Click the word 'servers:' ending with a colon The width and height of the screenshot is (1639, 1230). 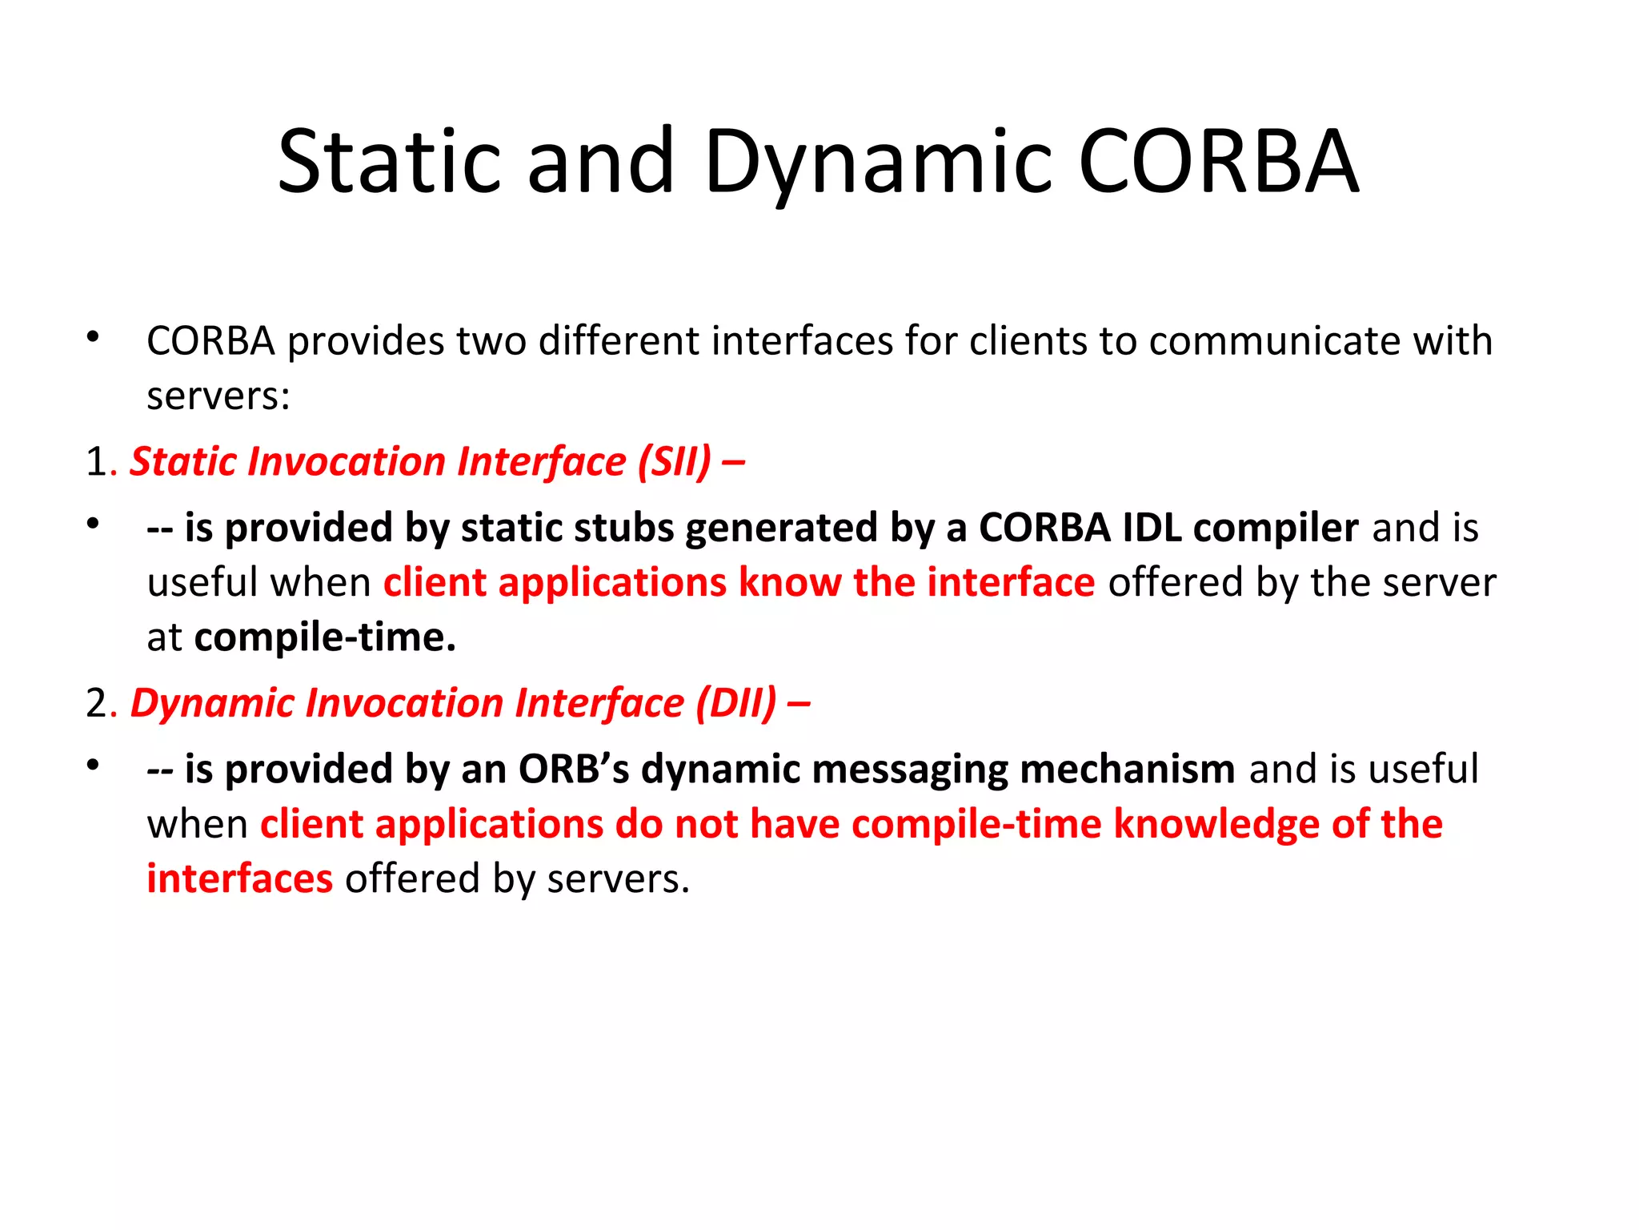(x=218, y=396)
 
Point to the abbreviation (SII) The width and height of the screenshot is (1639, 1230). (x=674, y=462)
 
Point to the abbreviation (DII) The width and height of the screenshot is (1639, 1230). (x=735, y=703)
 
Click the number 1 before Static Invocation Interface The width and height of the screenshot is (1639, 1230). (x=95, y=462)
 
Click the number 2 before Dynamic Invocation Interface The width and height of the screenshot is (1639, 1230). (x=96, y=703)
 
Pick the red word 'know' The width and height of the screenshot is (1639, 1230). (x=789, y=583)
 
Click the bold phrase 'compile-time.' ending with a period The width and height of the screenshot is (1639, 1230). (x=325, y=638)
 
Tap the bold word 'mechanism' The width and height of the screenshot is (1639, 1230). (x=1128, y=770)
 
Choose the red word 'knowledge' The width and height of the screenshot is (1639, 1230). (x=1216, y=825)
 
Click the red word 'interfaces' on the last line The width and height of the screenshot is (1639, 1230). (x=239, y=879)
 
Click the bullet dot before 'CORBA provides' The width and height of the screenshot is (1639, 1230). (x=94, y=337)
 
